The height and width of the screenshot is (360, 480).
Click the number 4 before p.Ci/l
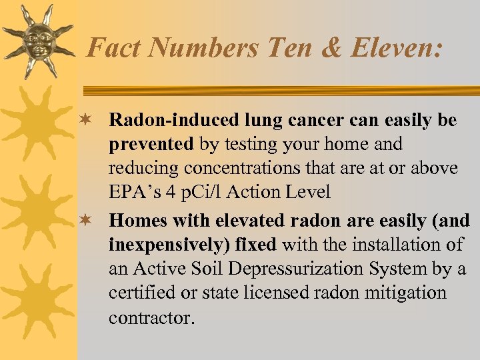(x=171, y=193)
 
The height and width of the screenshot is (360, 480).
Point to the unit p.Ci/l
(x=201, y=193)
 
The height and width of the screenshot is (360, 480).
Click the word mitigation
(x=405, y=293)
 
